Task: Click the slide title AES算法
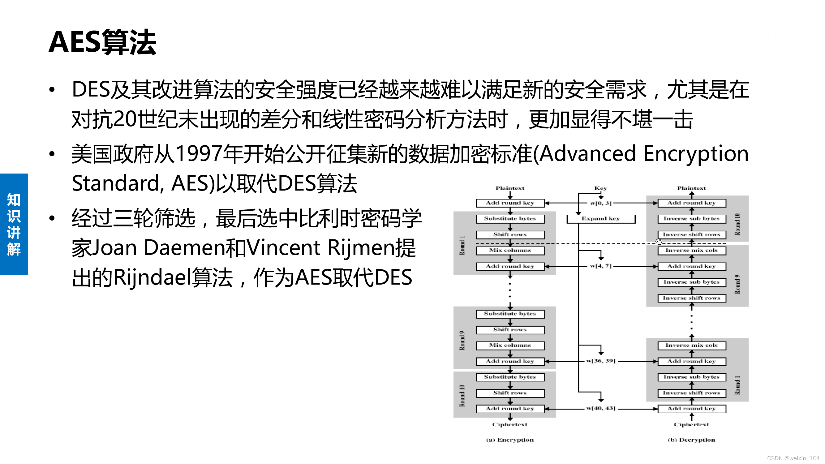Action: click(102, 42)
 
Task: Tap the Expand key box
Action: click(600, 219)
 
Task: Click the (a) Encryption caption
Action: click(510, 440)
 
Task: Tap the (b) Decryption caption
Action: click(691, 440)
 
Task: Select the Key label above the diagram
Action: click(600, 188)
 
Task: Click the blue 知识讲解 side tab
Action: click(14, 224)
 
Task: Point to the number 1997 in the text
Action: click(199, 154)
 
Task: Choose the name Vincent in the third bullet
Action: click(283, 248)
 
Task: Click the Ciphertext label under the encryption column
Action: click(510, 424)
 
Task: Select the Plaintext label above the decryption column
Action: click(691, 188)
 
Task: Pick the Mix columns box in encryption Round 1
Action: click(510, 251)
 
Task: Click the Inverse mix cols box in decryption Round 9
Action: click(691, 251)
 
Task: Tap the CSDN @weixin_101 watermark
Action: click(793, 458)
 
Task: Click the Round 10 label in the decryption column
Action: click(737, 224)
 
